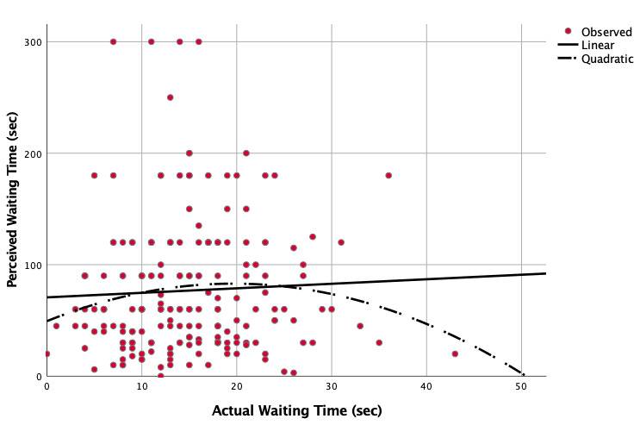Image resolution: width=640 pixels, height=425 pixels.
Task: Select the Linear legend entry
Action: click(x=597, y=45)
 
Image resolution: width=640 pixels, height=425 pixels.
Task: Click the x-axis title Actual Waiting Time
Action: click(x=296, y=410)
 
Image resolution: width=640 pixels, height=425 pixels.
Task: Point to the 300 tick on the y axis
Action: click(x=30, y=41)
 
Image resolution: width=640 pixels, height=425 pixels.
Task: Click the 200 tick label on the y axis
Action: click(x=30, y=153)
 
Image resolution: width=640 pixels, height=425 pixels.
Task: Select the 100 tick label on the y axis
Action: click(x=30, y=265)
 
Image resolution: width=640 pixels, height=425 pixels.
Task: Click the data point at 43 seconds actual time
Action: click(x=455, y=353)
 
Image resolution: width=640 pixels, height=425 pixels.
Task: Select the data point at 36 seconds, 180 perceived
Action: click(x=388, y=175)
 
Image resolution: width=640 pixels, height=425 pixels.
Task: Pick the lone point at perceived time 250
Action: click(x=170, y=97)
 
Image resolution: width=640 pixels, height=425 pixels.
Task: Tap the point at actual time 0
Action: click(x=47, y=353)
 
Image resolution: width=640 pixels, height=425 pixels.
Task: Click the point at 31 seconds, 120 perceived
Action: click(x=341, y=242)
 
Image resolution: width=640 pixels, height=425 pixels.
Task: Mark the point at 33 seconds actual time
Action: click(x=360, y=326)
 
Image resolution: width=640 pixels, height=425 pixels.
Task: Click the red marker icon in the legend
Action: click(x=565, y=32)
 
